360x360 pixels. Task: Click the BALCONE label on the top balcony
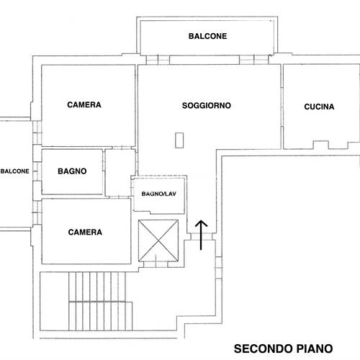click(x=208, y=35)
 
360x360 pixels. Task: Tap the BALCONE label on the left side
click(x=14, y=171)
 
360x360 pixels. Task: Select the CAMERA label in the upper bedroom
click(x=84, y=105)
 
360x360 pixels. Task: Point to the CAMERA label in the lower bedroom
click(x=84, y=233)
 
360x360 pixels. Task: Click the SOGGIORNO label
click(x=207, y=105)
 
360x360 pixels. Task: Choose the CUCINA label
click(x=320, y=107)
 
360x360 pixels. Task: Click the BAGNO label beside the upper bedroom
click(x=72, y=171)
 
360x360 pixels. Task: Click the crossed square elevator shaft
click(x=157, y=242)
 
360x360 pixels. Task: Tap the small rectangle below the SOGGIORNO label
click(x=179, y=141)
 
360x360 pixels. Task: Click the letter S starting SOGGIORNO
click(x=185, y=105)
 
